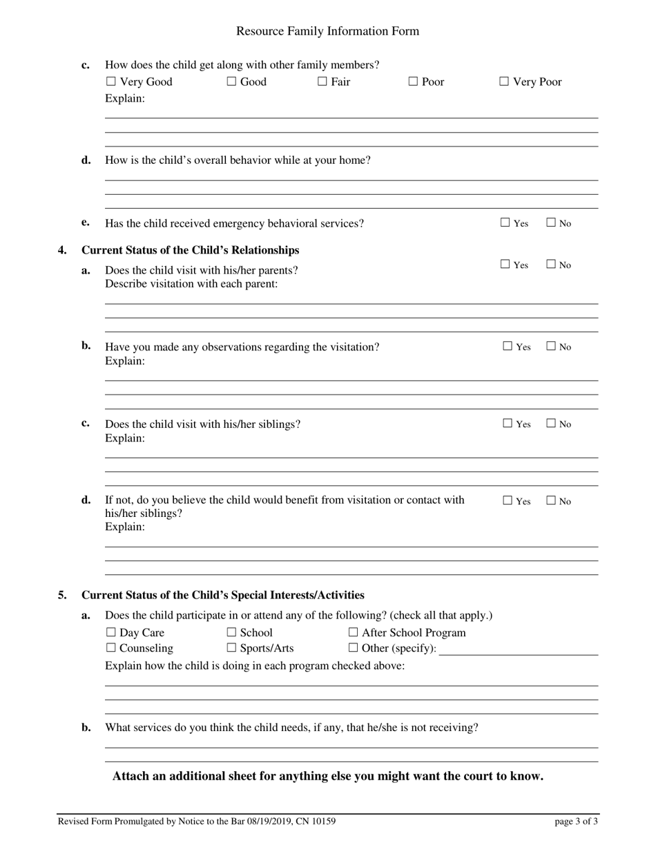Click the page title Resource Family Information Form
(327, 31)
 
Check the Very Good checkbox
(110, 82)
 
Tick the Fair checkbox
(322, 82)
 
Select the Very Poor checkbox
(504, 82)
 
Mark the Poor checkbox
(413, 82)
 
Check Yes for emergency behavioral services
(505, 223)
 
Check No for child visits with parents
(551, 264)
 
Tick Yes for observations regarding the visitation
(508, 346)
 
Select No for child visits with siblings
(551, 424)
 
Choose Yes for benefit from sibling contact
(508, 500)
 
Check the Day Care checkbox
(110, 632)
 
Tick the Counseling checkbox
(110, 648)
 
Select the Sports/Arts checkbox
(231, 648)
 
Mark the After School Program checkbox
(353, 632)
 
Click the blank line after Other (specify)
(518, 650)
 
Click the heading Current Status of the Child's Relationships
(191, 250)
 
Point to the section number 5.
(62, 595)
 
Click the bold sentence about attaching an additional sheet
(327, 776)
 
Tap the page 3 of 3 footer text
(576, 822)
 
